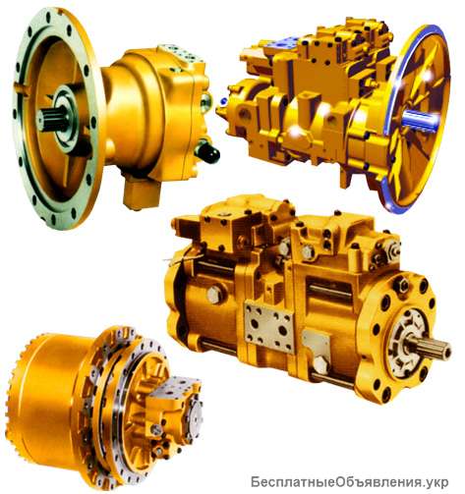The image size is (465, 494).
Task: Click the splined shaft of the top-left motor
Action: [x=53, y=119]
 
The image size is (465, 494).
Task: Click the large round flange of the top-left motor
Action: [x=56, y=117]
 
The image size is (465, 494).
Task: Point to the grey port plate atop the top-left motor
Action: [x=181, y=55]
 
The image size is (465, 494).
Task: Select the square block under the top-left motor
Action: [x=142, y=192]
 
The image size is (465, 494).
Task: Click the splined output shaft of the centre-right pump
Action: [x=430, y=348]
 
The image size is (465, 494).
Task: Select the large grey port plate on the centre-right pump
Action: [x=268, y=326]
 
